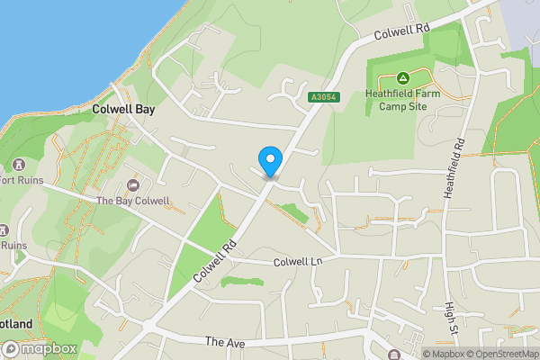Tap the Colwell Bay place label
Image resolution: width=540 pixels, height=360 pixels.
126,108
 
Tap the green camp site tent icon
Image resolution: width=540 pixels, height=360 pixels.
404,79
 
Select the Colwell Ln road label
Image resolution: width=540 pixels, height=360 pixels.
298,262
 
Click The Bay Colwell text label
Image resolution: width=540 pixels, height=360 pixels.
132,201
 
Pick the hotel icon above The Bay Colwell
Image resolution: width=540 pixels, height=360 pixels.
133,185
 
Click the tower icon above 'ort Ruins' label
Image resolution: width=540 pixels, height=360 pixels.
18,165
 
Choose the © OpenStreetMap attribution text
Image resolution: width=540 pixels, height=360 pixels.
508,354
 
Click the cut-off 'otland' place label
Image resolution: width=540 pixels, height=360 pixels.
16,324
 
